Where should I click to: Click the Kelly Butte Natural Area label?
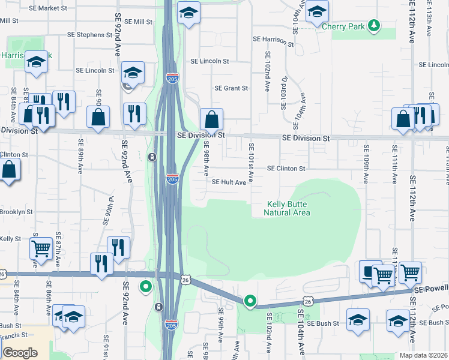tap(289, 208)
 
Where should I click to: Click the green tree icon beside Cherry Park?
tap(374, 25)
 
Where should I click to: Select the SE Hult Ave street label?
tap(228, 182)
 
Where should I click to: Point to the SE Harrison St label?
tap(273, 41)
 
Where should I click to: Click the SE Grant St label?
tap(231, 88)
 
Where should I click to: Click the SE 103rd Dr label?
tap(284, 92)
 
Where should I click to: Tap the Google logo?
tap(20, 353)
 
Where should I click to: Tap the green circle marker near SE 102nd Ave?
tap(250, 301)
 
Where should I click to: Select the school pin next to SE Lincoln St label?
tap(133, 73)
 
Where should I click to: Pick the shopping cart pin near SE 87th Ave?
tap(41, 248)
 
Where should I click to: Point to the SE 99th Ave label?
tap(221, 322)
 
